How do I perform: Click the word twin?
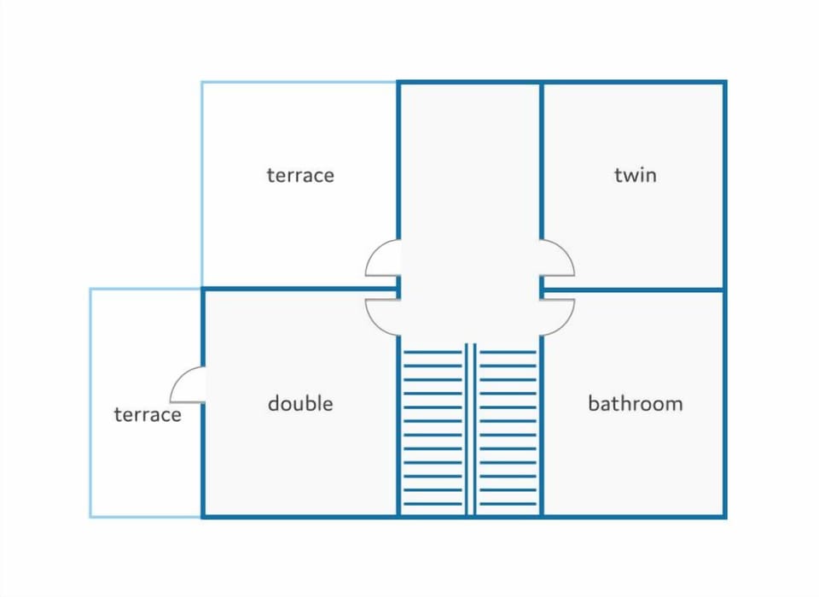[635, 174]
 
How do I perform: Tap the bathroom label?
[635, 404]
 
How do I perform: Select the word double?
[300, 404]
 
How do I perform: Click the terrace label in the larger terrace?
[300, 175]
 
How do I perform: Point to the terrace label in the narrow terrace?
[148, 414]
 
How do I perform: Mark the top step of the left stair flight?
[433, 353]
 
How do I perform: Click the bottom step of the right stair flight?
[508, 504]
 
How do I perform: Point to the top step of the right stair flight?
[508, 353]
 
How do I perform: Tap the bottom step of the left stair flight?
[433, 504]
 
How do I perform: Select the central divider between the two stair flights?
[471, 429]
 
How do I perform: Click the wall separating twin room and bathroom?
[633, 290]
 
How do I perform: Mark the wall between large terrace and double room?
[299, 289]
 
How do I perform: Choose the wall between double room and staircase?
[398, 426]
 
